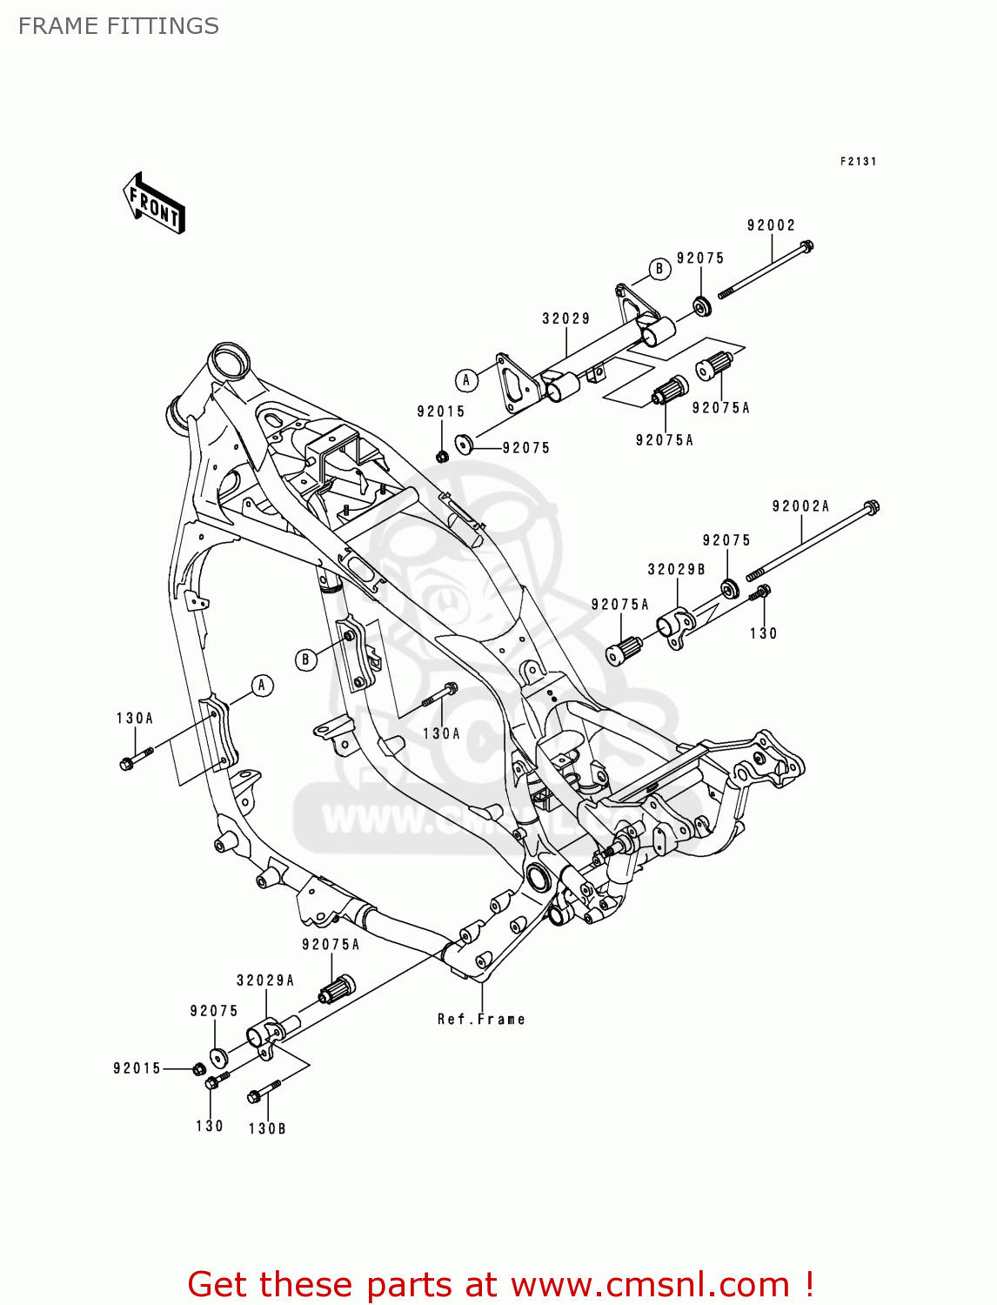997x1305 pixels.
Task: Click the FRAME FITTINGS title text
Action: [118, 26]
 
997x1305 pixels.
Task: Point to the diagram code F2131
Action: [858, 161]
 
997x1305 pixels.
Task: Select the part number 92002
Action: [771, 225]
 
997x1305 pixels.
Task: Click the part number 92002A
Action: [800, 506]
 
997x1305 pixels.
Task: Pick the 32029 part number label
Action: [565, 318]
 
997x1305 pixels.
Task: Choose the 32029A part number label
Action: [265, 980]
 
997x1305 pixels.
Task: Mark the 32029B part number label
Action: [676, 569]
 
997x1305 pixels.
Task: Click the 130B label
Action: [267, 1128]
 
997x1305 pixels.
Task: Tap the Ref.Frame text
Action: [481, 1019]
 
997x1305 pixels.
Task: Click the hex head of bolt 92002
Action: [806, 246]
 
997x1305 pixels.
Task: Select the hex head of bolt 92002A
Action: [872, 506]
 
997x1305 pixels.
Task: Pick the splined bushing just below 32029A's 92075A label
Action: [338, 989]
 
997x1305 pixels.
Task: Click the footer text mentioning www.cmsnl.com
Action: [500, 1284]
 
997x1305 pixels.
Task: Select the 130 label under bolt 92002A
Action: [763, 633]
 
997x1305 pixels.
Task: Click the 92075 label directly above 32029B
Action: [726, 540]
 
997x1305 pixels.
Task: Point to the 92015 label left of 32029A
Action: [137, 1068]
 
